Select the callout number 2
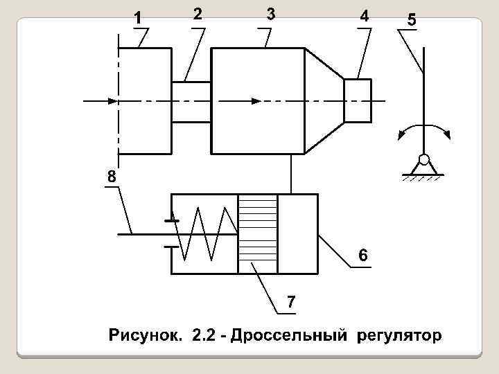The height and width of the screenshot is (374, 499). pyautogui.click(x=198, y=14)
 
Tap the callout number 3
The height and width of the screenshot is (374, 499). pyautogui.click(x=270, y=14)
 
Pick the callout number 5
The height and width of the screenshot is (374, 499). pyautogui.click(x=412, y=21)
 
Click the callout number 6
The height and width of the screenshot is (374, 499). pyautogui.click(x=362, y=256)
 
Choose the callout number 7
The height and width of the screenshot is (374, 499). pyautogui.click(x=291, y=302)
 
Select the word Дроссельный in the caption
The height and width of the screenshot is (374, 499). pyautogui.click(x=290, y=337)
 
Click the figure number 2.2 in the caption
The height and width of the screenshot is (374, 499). pyautogui.click(x=204, y=337)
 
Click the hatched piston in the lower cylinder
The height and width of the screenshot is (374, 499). pyautogui.click(x=257, y=234)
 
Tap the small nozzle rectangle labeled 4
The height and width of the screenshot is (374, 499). pyautogui.click(x=358, y=100)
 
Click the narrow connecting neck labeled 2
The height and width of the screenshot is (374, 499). pyautogui.click(x=191, y=101)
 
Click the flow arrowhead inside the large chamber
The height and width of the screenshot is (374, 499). pyautogui.click(x=256, y=101)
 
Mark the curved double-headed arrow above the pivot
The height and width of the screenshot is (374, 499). pyautogui.click(x=424, y=130)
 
